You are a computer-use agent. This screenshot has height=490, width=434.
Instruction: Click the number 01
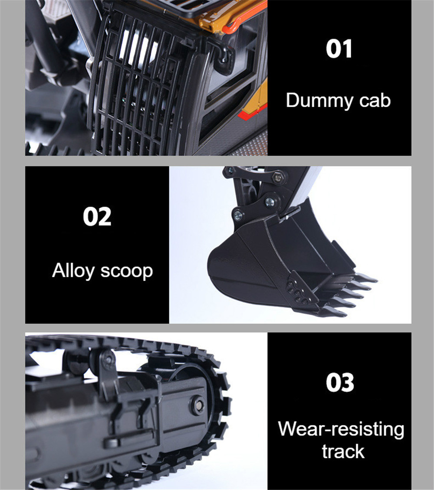[x=339, y=49]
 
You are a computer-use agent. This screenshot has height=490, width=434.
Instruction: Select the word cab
[x=375, y=101]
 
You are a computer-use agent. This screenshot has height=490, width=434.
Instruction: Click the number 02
[x=97, y=216]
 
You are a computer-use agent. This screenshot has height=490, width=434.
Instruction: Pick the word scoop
[x=127, y=272]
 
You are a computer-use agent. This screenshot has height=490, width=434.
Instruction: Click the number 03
[x=340, y=382]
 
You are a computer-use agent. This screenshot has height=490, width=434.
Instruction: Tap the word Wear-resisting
[x=341, y=429]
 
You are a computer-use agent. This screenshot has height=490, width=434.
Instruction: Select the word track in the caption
[x=343, y=451]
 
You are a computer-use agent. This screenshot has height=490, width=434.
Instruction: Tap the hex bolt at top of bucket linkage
[x=277, y=177]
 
